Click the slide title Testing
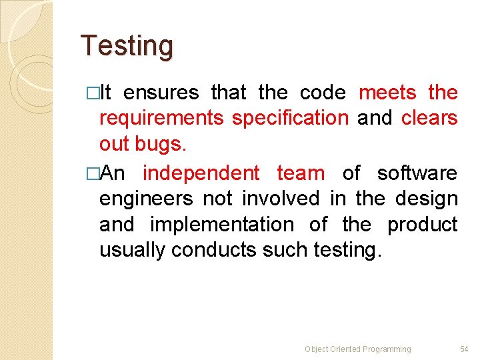click(127, 47)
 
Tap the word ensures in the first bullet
click(161, 92)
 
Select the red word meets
click(387, 92)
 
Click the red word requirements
click(161, 119)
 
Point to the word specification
click(290, 119)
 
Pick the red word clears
click(429, 119)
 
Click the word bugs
click(166, 145)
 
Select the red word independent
click(201, 173)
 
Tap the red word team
click(301, 173)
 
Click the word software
click(417, 173)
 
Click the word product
click(423, 225)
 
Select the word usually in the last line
click(133, 251)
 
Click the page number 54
click(464, 349)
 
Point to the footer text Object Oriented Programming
click(358, 349)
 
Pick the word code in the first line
click(323, 92)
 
